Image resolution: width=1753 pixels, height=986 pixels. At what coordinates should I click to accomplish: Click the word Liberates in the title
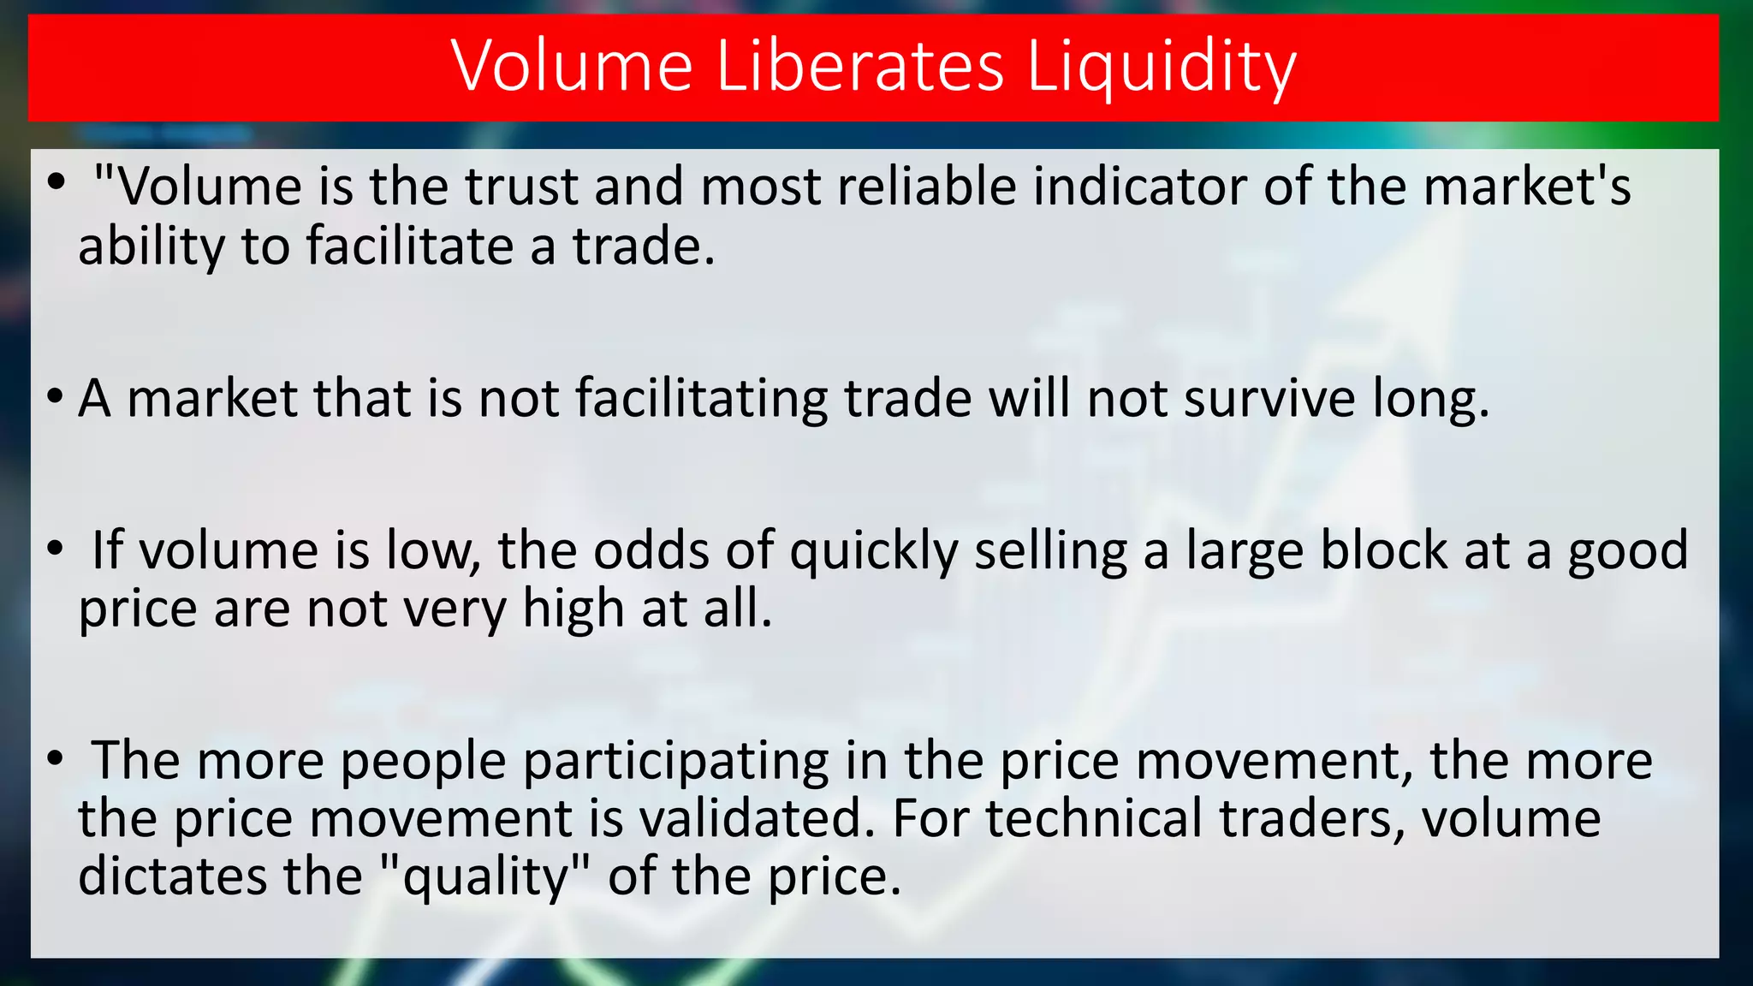click(x=859, y=66)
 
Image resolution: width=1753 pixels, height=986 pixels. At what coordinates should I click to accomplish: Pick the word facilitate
click(x=409, y=246)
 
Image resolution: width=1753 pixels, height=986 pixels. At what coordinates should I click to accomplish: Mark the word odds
click(x=651, y=549)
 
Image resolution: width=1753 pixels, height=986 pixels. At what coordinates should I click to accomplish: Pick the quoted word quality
click(x=485, y=878)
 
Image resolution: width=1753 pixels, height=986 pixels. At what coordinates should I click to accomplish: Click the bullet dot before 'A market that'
click(x=56, y=397)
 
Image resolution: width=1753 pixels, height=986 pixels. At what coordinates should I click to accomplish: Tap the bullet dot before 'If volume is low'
click(x=56, y=548)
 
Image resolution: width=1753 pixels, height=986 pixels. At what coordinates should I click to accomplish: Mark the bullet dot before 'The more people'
click(x=56, y=758)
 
